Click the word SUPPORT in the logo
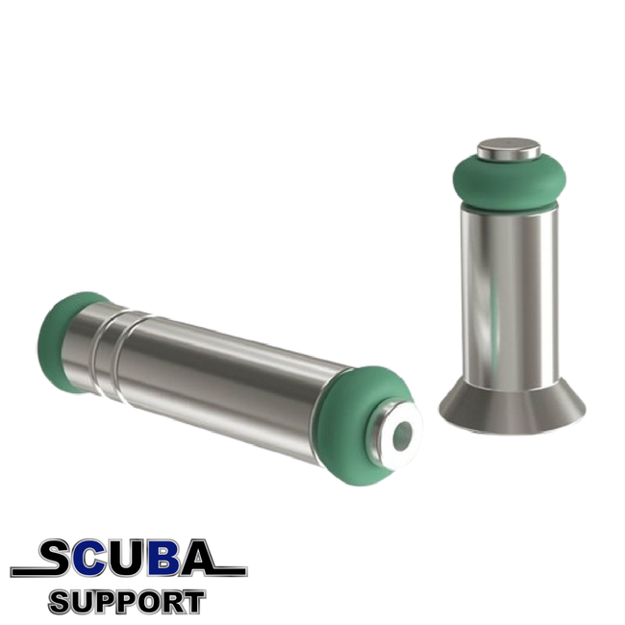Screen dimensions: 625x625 click(127, 603)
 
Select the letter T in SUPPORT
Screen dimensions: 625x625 click(193, 603)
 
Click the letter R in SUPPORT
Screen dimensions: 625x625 click(171, 603)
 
